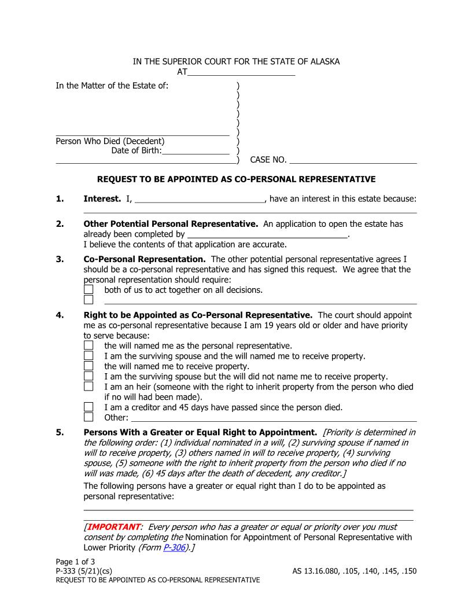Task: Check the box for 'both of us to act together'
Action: click(89, 289)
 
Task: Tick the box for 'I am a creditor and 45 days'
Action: click(89, 407)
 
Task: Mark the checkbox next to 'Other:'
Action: click(89, 417)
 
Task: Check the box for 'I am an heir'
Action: click(89, 387)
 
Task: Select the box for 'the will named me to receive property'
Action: click(89, 366)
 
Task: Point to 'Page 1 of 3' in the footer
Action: click(75, 562)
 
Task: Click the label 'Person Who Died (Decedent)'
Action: click(110, 141)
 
